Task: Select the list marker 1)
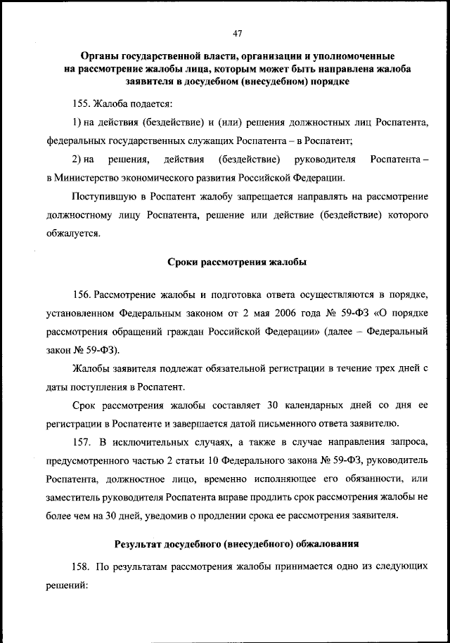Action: coord(77,122)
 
